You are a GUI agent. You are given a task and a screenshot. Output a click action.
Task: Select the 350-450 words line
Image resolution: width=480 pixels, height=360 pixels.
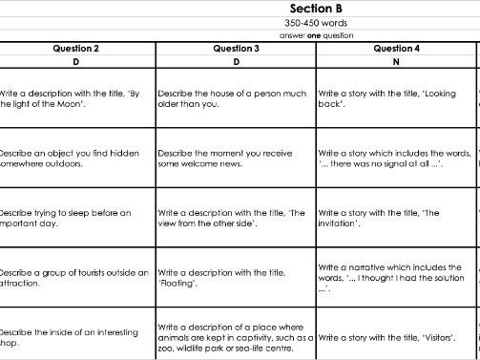point(316,23)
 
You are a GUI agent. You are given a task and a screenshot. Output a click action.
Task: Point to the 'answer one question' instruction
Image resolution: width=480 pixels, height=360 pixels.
point(316,35)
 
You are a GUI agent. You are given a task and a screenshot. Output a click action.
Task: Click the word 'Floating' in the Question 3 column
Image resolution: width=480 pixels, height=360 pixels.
point(177,283)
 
